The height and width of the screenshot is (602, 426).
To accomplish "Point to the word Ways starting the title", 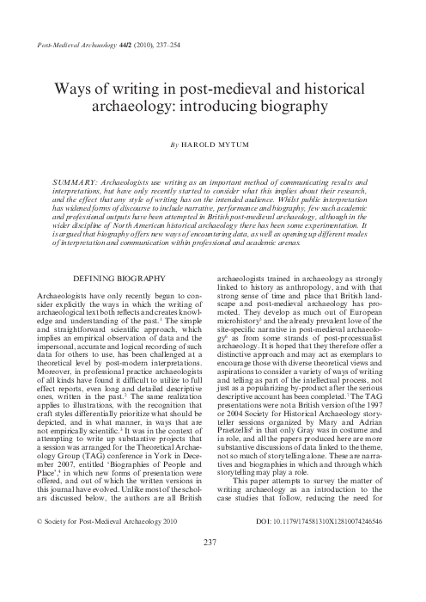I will point(73,89).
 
